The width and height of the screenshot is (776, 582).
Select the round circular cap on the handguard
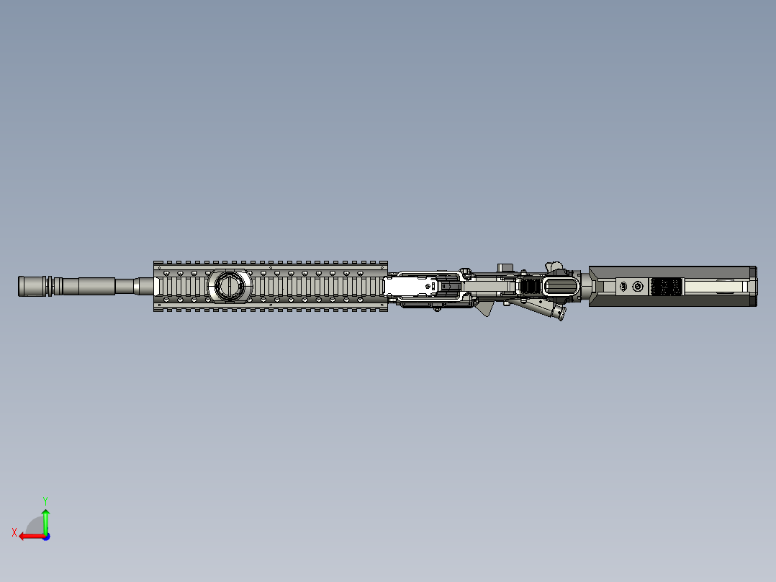(x=230, y=286)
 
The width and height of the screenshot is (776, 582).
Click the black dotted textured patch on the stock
(x=667, y=287)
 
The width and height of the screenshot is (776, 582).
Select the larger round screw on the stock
(x=637, y=287)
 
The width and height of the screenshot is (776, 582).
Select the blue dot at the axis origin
(x=45, y=536)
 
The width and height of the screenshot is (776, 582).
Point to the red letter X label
(x=14, y=532)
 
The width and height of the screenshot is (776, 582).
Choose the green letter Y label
(x=45, y=500)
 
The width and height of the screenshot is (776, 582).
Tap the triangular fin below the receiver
(x=484, y=308)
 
